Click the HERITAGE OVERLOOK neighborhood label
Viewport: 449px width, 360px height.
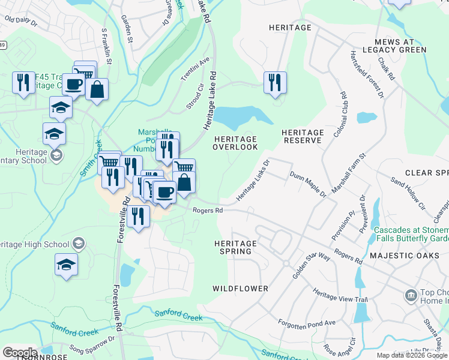pos(236,143)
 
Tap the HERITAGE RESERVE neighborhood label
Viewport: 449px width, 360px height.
pos(303,136)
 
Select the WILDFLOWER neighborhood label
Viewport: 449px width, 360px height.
pos(240,289)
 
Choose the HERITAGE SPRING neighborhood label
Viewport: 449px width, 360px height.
pos(235,247)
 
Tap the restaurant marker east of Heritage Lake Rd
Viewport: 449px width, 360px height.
pos(275,83)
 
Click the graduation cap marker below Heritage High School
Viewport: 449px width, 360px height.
pos(66,265)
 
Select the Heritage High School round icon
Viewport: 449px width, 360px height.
pos(78,244)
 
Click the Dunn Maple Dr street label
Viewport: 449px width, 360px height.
pos(307,184)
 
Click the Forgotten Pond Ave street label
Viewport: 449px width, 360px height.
pos(306,323)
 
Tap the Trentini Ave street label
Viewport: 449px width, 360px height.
pos(196,70)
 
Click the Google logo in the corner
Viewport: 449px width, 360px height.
pos(20,352)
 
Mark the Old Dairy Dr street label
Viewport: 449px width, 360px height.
pos(21,22)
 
